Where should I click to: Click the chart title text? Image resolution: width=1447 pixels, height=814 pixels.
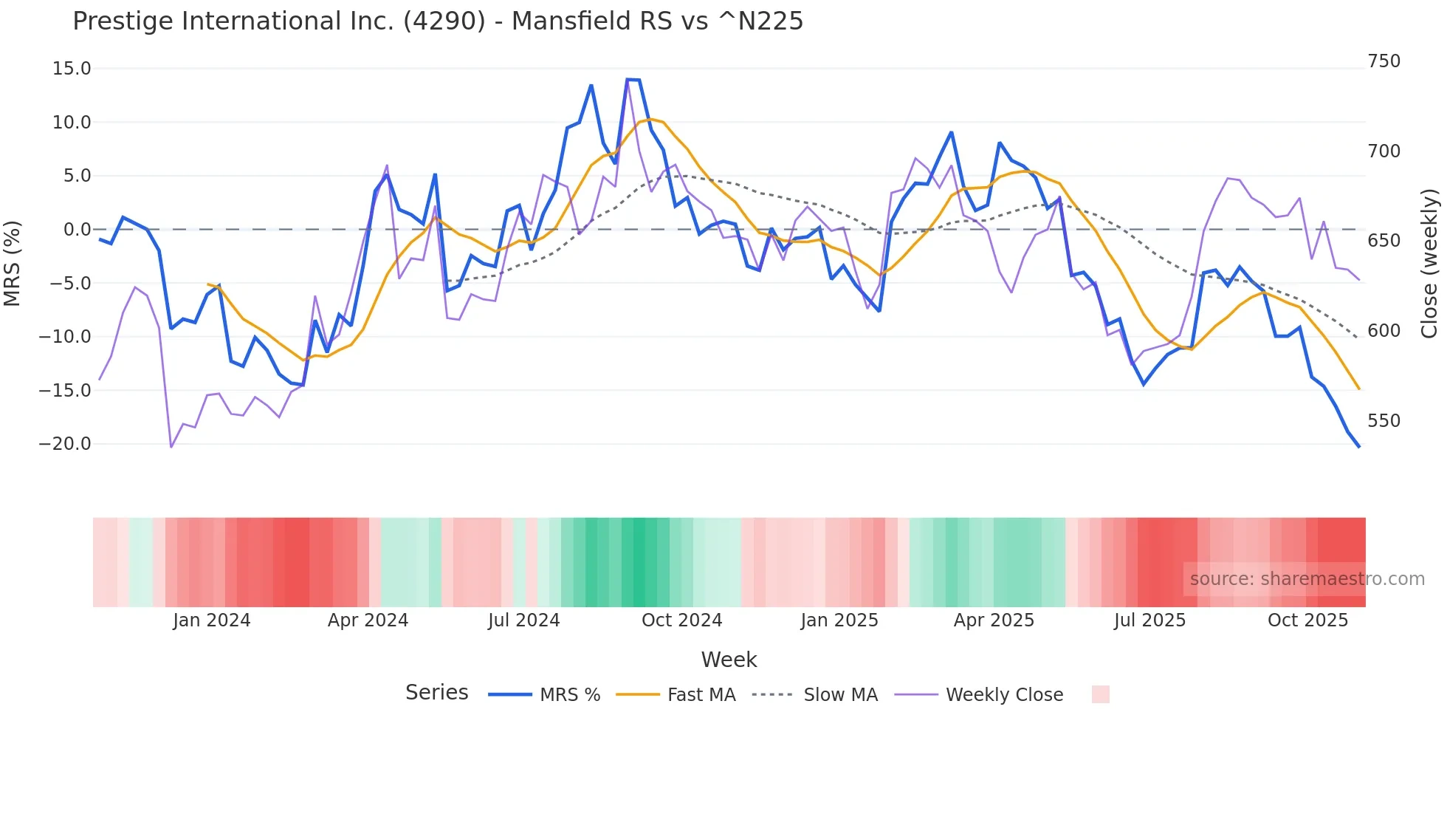point(437,21)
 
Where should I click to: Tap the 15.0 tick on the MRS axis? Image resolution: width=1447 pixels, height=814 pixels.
point(72,69)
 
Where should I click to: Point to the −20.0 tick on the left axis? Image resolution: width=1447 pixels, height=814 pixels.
point(65,444)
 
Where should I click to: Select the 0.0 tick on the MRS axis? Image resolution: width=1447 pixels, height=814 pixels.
point(77,230)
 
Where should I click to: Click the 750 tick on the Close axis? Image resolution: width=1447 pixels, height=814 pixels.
point(1384,61)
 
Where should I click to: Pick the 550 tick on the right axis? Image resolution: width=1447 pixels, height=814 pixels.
point(1384,421)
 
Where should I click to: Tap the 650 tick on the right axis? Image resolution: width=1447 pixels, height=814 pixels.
point(1384,241)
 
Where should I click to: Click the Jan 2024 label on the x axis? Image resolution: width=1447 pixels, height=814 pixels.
point(212,620)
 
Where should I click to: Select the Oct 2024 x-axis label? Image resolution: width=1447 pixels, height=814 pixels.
point(681,620)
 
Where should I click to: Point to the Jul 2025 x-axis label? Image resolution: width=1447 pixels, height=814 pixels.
point(1149,620)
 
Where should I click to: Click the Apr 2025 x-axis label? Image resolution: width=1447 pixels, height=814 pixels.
point(994,620)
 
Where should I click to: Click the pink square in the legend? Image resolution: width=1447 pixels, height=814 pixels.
point(1100,694)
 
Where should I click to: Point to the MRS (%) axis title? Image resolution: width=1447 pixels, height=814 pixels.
point(13,263)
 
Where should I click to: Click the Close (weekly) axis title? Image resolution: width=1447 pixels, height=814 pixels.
point(1429,263)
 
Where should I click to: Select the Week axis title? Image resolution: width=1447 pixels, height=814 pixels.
point(729,660)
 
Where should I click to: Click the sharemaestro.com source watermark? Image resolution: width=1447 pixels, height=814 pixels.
point(1307,579)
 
